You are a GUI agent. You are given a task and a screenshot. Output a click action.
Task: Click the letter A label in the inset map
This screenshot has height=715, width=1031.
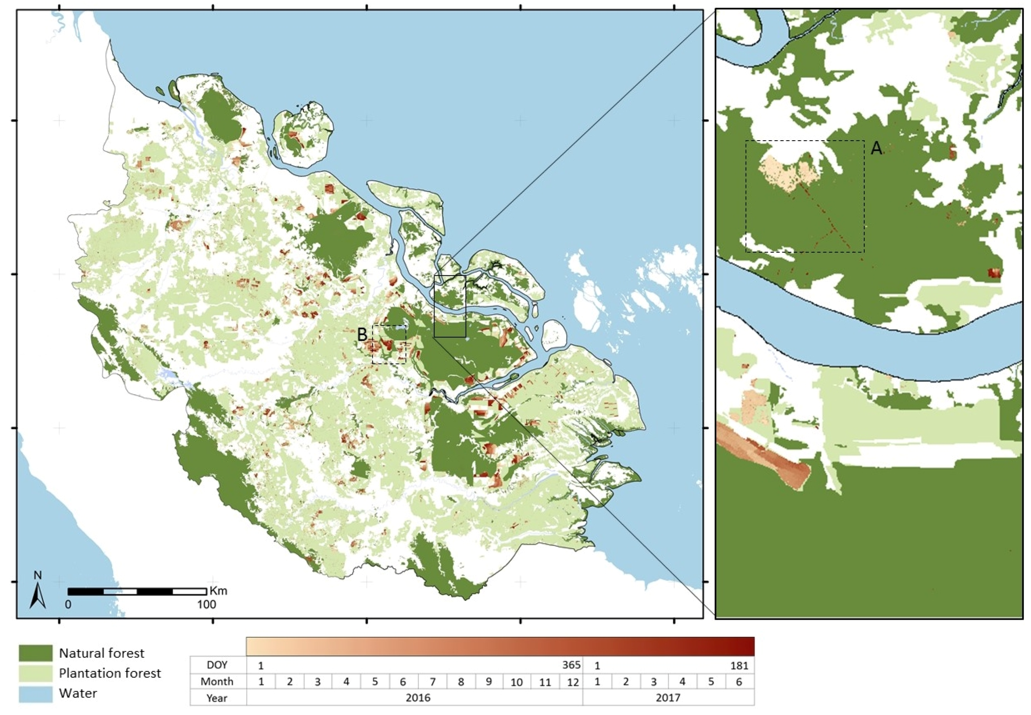click(x=876, y=148)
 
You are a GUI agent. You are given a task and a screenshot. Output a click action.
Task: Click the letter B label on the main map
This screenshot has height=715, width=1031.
click(x=362, y=334)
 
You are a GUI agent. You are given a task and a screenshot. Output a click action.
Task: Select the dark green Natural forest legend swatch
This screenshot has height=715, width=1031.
click(x=35, y=653)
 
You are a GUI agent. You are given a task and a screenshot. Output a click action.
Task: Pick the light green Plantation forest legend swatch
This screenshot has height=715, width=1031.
click(x=35, y=673)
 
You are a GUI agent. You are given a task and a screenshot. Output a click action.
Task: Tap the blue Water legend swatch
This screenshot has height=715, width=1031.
click(x=35, y=693)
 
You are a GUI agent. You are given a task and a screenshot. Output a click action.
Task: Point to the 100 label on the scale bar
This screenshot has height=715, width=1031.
click(x=207, y=604)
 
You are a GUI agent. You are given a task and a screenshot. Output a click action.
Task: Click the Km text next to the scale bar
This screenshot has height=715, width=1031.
click(x=218, y=590)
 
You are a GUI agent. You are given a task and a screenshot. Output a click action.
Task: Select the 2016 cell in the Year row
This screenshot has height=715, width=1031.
click(x=418, y=698)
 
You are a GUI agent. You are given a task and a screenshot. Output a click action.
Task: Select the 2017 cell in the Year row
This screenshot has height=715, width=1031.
click(x=668, y=698)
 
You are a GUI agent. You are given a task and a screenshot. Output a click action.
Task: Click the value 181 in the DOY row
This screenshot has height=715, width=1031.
click(x=739, y=666)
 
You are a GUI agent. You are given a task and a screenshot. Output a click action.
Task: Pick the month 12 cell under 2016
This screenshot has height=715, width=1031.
click(x=573, y=682)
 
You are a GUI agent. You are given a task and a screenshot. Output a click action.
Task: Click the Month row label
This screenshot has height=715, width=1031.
click(x=217, y=682)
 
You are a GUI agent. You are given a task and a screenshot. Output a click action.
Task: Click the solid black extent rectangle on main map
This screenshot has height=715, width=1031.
click(x=450, y=306)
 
